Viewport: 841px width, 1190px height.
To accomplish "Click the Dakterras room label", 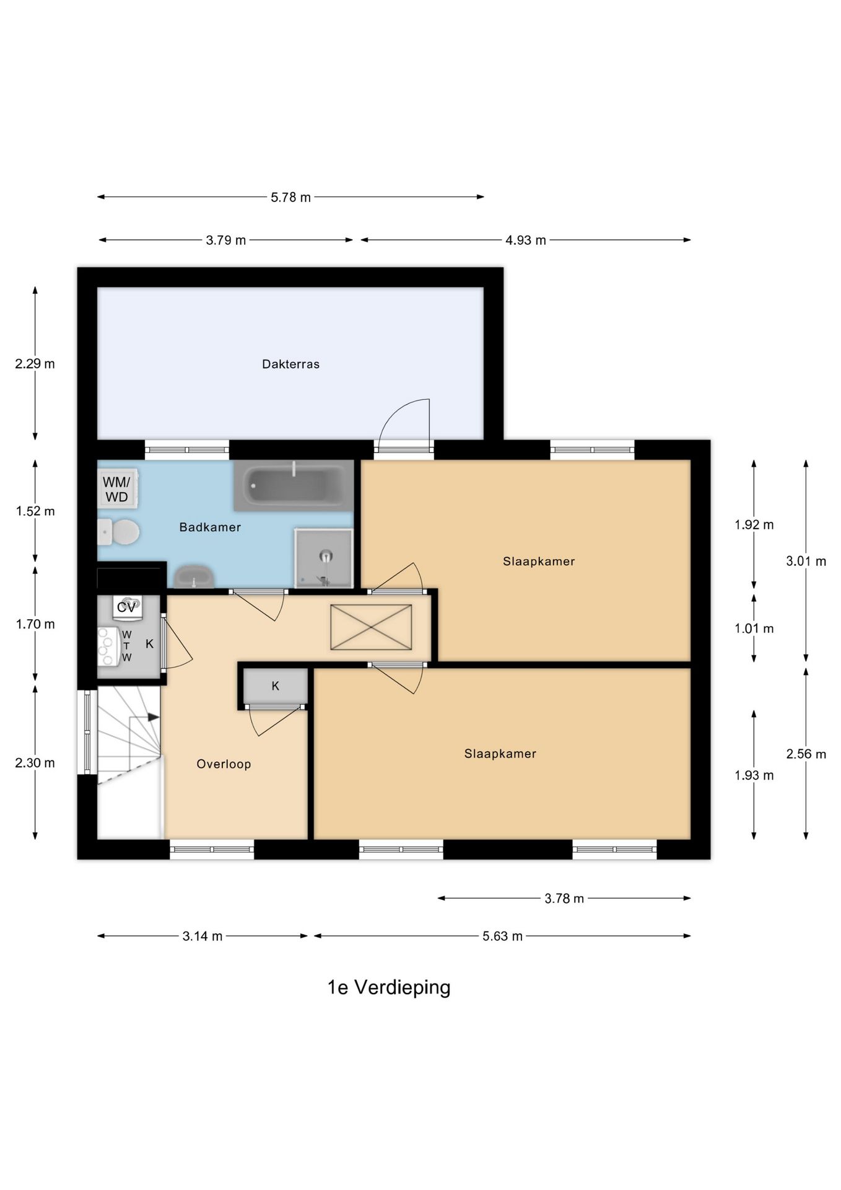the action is (290, 364).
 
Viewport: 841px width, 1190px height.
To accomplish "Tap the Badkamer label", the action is (210, 527).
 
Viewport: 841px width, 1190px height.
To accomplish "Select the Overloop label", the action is (224, 764).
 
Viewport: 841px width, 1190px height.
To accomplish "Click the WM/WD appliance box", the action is (117, 489).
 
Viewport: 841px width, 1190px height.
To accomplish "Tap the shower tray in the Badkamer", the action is (324, 558).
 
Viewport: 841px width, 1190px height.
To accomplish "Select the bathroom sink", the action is (194, 576).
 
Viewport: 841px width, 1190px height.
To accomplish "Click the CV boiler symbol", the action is (127, 607).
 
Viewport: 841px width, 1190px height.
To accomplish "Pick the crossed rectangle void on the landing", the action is (371, 627).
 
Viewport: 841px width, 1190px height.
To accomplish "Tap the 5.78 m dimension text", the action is (290, 198).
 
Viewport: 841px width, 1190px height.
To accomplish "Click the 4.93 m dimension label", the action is (526, 240).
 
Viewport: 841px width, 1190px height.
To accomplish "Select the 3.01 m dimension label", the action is (806, 562).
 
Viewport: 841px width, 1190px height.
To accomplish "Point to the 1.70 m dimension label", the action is (35, 624).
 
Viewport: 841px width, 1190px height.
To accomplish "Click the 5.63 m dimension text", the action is (502, 937).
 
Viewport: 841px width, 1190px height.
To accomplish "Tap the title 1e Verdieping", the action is (389, 987).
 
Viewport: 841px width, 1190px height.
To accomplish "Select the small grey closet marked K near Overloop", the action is (276, 686).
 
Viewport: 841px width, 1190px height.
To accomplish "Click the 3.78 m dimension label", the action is (564, 899).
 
